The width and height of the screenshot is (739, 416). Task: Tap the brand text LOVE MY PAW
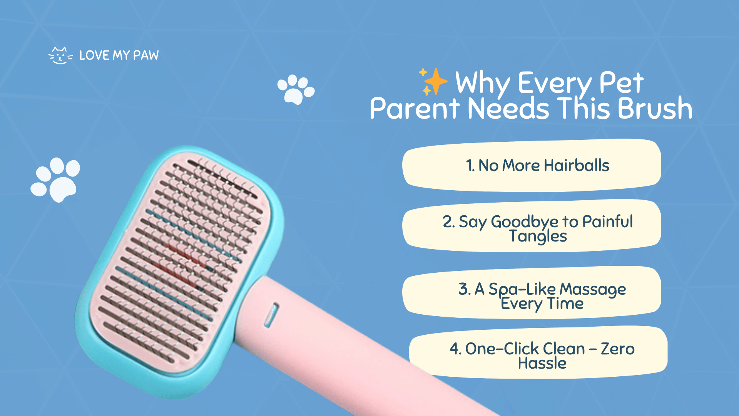pyautogui.click(x=119, y=55)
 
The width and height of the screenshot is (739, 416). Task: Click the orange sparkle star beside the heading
pyautogui.click(x=433, y=81)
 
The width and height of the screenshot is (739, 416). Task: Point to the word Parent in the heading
pyautogui.click(x=415, y=108)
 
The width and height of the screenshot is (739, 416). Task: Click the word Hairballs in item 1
pyautogui.click(x=577, y=165)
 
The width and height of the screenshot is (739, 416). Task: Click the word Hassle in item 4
pyautogui.click(x=542, y=363)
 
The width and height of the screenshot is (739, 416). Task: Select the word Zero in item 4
pyautogui.click(x=618, y=349)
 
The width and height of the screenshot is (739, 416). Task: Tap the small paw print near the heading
pyautogui.click(x=296, y=89)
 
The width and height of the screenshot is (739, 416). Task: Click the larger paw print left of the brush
pyautogui.click(x=55, y=179)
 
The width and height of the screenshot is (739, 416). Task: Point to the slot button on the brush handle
pyautogui.click(x=271, y=315)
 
